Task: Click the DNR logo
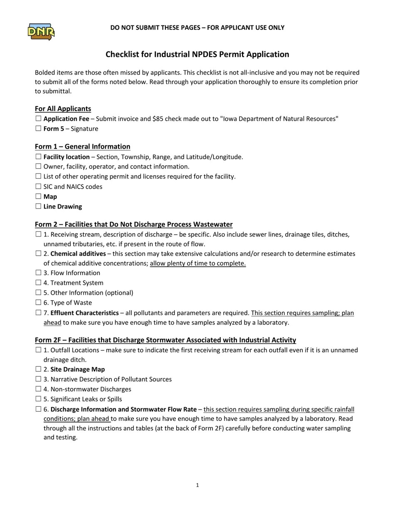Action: point(41,32)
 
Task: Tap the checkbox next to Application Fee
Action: point(38,119)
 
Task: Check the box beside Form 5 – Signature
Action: point(38,129)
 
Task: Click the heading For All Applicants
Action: point(63,109)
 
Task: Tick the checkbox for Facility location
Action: point(38,157)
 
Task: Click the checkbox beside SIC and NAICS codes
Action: point(38,186)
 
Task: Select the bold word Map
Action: point(50,196)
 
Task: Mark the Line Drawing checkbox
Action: point(38,206)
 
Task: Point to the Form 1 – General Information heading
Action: point(82,147)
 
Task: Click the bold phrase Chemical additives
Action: point(78,254)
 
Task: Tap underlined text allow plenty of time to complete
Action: point(198,263)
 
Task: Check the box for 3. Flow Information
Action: point(38,273)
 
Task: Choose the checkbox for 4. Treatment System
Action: point(38,283)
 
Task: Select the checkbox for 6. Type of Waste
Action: point(38,303)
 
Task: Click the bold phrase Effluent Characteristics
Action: point(84,313)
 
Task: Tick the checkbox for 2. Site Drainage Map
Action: point(38,369)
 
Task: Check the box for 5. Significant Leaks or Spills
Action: point(38,399)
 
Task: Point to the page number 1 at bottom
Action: point(197,485)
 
